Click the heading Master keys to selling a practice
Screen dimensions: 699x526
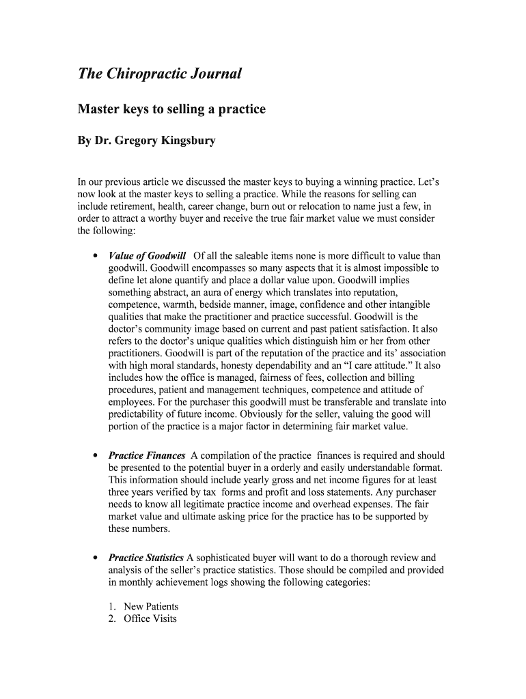pyautogui.click(x=171, y=109)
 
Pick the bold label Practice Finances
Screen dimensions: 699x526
pyautogui.click(x=147, y=455)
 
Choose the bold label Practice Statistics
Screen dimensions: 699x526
pyautogui.click(x=146, y=558)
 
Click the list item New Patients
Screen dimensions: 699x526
pyautogui.click(x=151, y=607)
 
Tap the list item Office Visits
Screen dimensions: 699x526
pyautogui.click(x=150, y=619)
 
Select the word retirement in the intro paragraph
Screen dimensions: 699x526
pyautogui.click(x=139, y=207)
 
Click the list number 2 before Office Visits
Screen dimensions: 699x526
pyautogui.click(x=113, y=619)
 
